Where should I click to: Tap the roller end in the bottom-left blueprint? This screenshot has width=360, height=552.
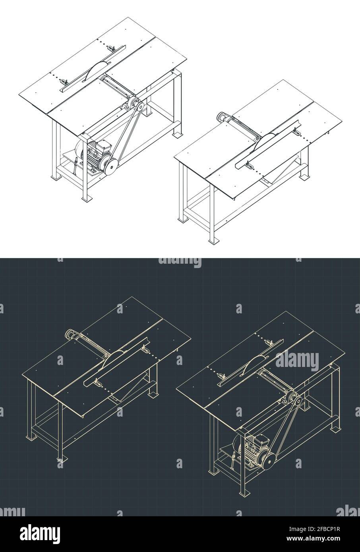click(70, 334)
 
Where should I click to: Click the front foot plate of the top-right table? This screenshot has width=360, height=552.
click(213, 240)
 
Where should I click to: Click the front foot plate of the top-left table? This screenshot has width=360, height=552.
click(84, 198)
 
